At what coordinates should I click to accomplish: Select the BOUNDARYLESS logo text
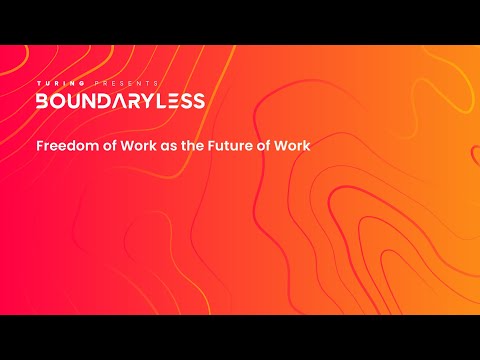pyautogui.click(x=120, y=101)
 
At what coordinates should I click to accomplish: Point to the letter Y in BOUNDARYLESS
pyautogui.click(x=148, y=101)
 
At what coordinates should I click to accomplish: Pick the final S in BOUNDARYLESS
pyautogui.click(x=198, y=101)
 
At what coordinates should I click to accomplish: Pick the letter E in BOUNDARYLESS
pyautogui.click(x=174, y=101)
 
